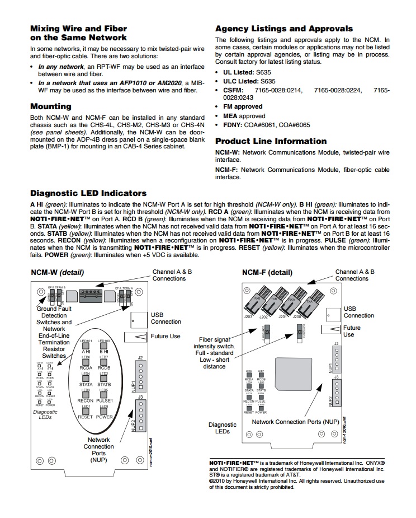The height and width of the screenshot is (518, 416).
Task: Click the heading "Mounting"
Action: (x=50, y=106)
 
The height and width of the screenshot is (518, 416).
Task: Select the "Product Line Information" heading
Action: (x=271, y=141)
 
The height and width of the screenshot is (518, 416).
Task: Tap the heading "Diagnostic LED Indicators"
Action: (x=88, y=193)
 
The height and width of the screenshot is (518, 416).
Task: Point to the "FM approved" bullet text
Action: (x=243, y=106)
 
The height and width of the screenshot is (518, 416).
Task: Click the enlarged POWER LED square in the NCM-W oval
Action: (x=105, y=409)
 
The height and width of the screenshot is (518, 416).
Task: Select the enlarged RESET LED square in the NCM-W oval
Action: (x=86, y=409)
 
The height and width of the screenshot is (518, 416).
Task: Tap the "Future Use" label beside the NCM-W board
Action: (x=166, y=337)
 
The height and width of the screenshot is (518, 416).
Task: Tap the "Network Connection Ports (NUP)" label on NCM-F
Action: (x=294, y=421)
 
